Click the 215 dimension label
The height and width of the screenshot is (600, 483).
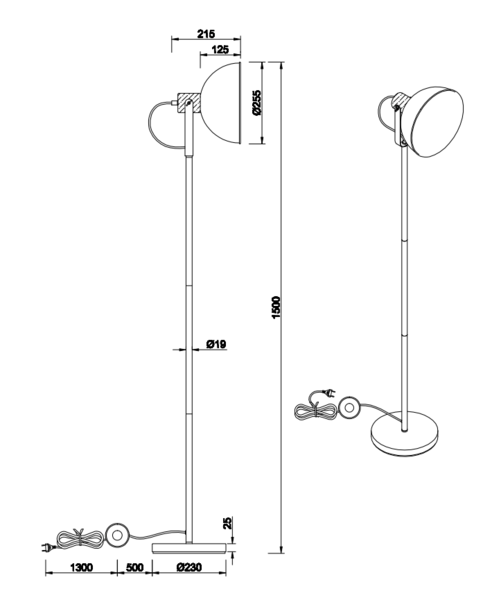[206, 34]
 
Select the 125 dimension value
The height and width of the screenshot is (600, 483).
[220, 49]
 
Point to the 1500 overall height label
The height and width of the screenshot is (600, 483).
[276, 307]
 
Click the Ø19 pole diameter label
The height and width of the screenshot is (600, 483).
[216, 344]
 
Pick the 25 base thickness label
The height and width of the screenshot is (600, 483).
[227, 523]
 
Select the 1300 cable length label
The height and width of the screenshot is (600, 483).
[81, 567]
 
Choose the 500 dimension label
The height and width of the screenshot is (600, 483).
[134, 567]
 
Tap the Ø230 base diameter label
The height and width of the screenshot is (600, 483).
[189, 567]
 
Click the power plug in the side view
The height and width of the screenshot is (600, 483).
[47, 548]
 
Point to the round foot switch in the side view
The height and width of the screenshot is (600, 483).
[116, 534]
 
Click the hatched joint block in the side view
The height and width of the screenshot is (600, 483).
[189, 103]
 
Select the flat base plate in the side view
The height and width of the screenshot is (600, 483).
[189, 548]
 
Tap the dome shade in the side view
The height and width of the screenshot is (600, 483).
[221, 103]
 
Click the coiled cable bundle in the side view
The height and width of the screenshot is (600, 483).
[80, 539]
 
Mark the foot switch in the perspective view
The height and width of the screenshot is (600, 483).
[349, 408]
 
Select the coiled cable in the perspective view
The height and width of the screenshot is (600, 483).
[317, 411]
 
